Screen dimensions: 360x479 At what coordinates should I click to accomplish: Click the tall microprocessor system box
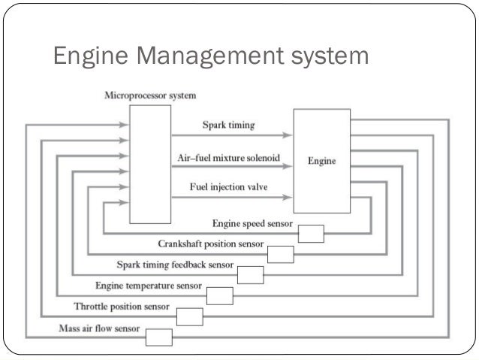(150, 163)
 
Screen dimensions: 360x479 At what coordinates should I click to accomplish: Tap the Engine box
(321, 160)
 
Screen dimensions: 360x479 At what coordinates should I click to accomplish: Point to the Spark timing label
(228, 126)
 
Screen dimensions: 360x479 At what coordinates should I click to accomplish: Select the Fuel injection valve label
(228, 186)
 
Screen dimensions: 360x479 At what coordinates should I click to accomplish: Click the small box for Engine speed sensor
(311, 234)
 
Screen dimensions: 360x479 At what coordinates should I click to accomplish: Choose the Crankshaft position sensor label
(211, 244)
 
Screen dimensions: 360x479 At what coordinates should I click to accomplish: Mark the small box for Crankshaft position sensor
(280, 255)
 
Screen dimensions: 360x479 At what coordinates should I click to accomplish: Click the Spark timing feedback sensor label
(174, 265)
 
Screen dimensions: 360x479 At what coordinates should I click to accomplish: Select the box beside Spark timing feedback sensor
(250, 275)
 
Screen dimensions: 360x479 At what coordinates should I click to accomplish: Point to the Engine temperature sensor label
(148, 286)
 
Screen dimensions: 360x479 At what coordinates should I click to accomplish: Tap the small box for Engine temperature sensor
(220, 295)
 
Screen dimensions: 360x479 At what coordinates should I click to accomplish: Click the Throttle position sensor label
(121, 307)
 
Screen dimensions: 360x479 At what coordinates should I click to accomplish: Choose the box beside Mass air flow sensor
(159, 337)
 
